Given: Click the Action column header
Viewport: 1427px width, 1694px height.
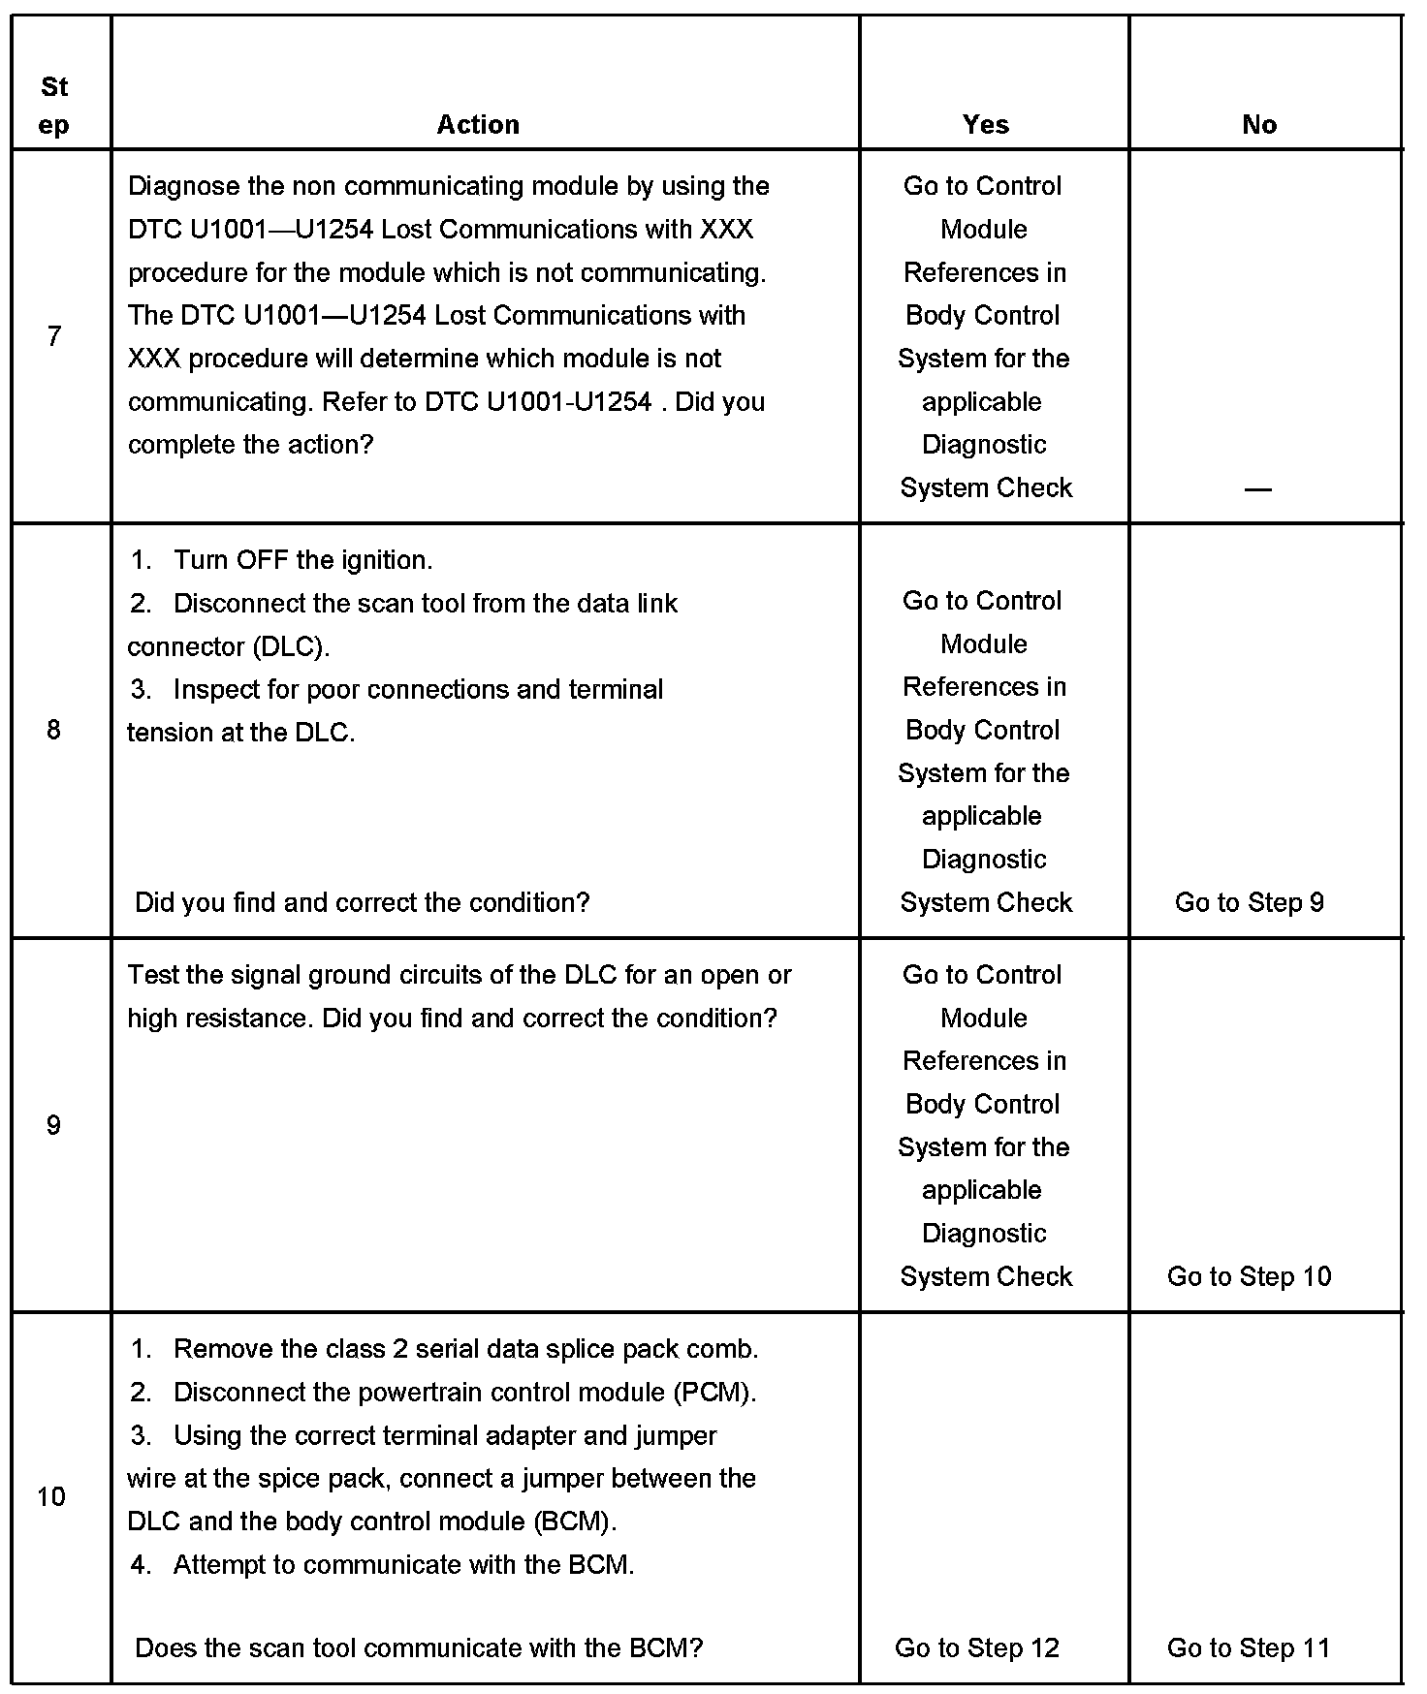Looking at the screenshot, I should (478, 124).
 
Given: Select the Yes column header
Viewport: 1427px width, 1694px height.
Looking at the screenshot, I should (985, 124).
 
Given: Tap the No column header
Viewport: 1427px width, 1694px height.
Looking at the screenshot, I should (1258, 124).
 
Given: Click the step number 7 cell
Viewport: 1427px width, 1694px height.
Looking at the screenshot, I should (54, 336).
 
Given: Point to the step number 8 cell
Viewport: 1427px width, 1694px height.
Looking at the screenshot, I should (54, 730).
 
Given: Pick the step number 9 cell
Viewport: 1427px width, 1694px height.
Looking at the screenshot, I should (54, 1124).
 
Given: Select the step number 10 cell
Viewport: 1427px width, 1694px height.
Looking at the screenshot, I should (52, 1496).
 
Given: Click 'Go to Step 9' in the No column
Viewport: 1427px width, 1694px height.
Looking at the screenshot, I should (1249, 902).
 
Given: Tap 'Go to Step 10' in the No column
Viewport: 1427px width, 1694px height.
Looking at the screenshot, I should (1249, 1276).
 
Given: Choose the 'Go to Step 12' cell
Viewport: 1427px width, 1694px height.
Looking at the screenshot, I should (977, 1647).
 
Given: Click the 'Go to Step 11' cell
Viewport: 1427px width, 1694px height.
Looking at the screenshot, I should (1249, 1647).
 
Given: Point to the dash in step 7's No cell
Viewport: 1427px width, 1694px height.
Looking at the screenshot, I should (1257, 488).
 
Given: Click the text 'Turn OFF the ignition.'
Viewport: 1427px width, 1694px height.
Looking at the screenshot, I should (302, 560).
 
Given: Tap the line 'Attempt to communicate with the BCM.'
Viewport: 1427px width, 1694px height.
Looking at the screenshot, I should (403, 1564).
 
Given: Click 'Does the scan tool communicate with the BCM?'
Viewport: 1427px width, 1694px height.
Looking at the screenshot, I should (419, 1647).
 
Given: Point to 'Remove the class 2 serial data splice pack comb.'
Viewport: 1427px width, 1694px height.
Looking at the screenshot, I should (465, 1349).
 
